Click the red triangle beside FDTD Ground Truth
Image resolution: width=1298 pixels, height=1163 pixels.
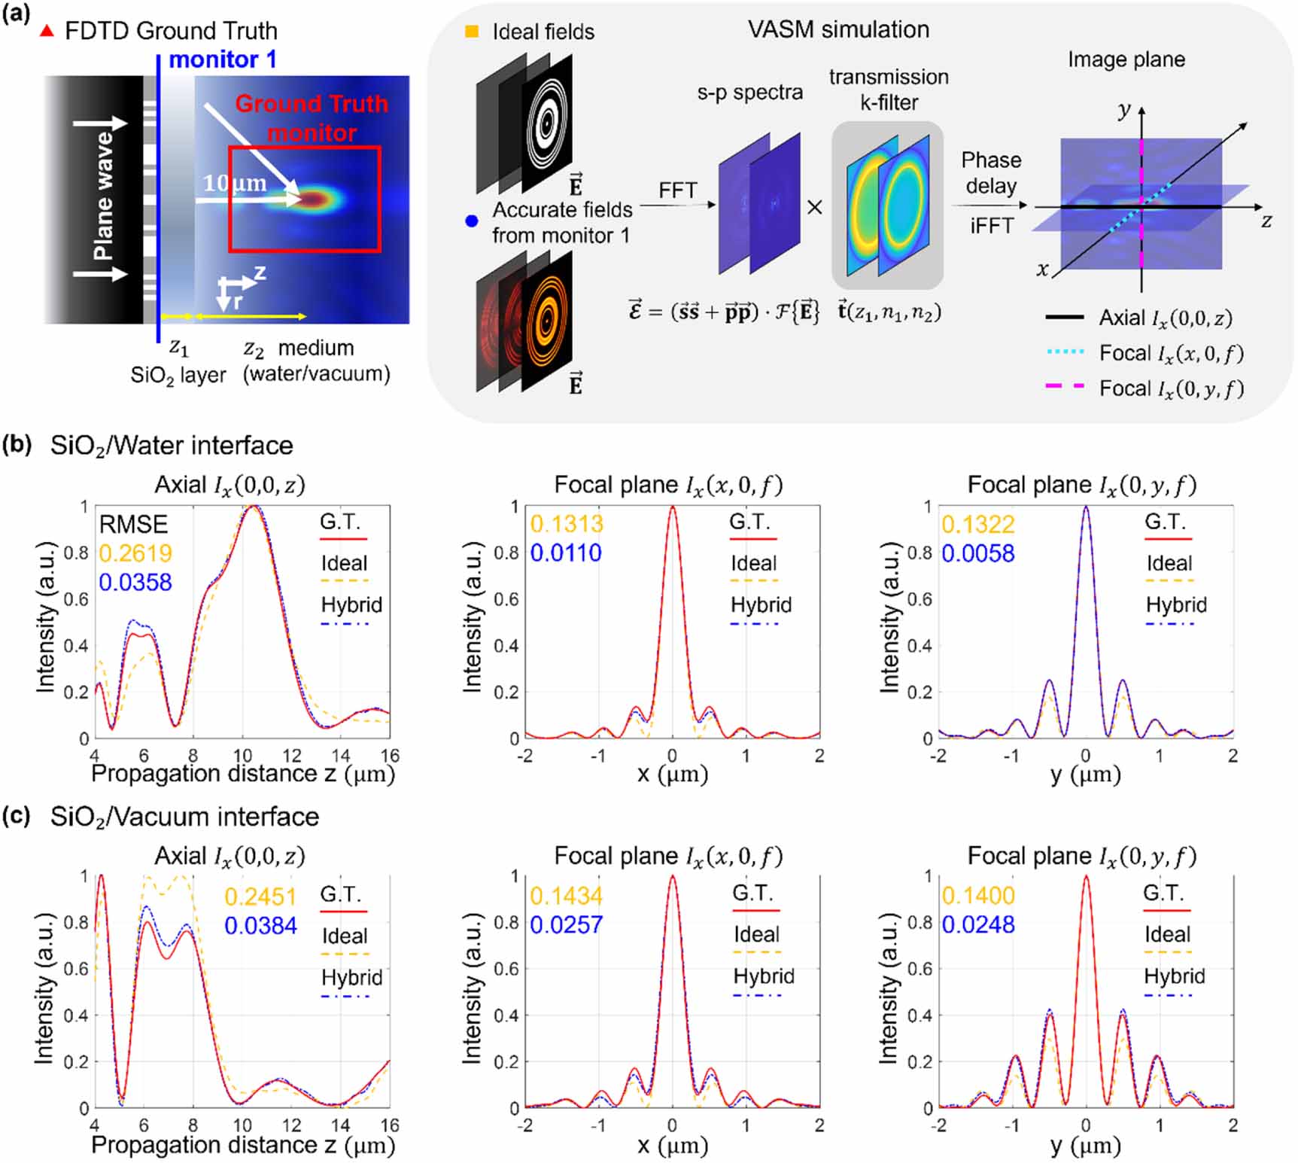pyautogui.click(x=47, y=31)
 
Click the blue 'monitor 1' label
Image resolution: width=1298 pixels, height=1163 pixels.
pyautogui.click(x=222, y=59)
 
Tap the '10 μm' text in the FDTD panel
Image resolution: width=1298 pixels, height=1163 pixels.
pyautogui.click(x=234, y=183)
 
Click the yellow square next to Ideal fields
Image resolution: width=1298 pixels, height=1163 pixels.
pyautogui.click(x=472, y=32)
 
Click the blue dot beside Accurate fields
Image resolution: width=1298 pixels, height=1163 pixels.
pyautogui.click(x=472, y=221)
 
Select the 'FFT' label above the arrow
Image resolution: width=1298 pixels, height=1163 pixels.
pyautogui.click(x=677, y=190)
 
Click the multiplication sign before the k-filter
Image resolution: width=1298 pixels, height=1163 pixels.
pyautogui.click(x=814, y=207)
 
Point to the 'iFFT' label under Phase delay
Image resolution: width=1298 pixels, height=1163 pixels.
pyautogui.click(x=991, y=225)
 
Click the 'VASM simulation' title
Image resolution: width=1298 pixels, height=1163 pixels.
pyautogui.click(x=838, y=29)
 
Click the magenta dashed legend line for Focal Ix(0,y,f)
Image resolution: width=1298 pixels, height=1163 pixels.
pyautogui.click(x=1065, y=387)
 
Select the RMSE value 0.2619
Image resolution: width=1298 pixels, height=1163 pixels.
pyautogui.click(x=135, y=553)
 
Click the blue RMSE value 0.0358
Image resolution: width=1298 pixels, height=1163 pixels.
pyautogui.click(x=135, y=582)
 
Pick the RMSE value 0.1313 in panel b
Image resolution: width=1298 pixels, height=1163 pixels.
pyautogui.click(x=566, y=524)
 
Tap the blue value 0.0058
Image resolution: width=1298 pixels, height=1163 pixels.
pyautogui.click(x=977, y=553)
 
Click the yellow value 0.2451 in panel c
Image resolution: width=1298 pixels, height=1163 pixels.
pyautogui.click(x=260, y=897)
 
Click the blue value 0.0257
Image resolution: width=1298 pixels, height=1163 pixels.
pyautogui.click(x=566, y=924)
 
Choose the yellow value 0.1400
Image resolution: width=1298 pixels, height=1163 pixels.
pyautogui.click(x=977, y=895)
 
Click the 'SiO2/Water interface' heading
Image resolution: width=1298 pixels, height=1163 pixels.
pyautogui.click(x=172, y=446)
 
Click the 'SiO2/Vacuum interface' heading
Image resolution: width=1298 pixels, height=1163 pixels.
pyautogui.click(x=184, y=817)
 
